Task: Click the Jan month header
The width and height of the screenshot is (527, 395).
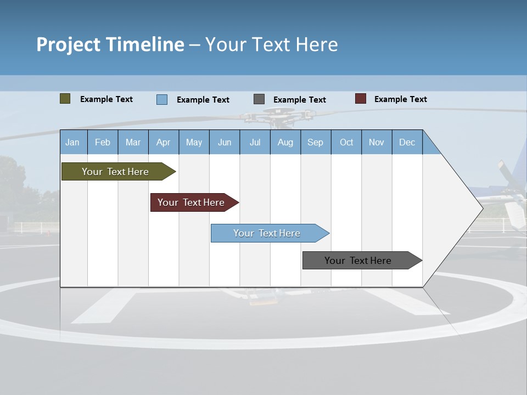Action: click(x=72, y=142)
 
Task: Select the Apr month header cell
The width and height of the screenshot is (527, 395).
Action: click(x=163, y=142)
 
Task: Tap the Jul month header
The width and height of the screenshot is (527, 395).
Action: click(x=255, y=142)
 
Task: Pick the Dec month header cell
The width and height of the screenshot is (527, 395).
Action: click(x=407, y=142)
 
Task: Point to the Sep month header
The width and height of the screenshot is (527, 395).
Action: click(x=315, y=142)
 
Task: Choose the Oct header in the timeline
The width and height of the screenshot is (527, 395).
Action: click(x=346, y=142)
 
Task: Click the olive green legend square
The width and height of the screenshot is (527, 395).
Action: click(x=65, y=99)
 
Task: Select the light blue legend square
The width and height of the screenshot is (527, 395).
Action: click(x=161, y=99)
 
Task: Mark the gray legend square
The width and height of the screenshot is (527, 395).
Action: click(x=259, y=99)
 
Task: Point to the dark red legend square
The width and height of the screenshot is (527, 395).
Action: click(x=360, y=99)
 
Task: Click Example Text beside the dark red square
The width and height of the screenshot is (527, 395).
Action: click(x=400, y=99)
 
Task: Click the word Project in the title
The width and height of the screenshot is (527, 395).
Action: click(x=68, y=44)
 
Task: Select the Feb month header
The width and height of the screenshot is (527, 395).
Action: click(x=103, y=142)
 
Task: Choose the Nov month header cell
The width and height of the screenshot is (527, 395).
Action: click(x=376, y=142)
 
